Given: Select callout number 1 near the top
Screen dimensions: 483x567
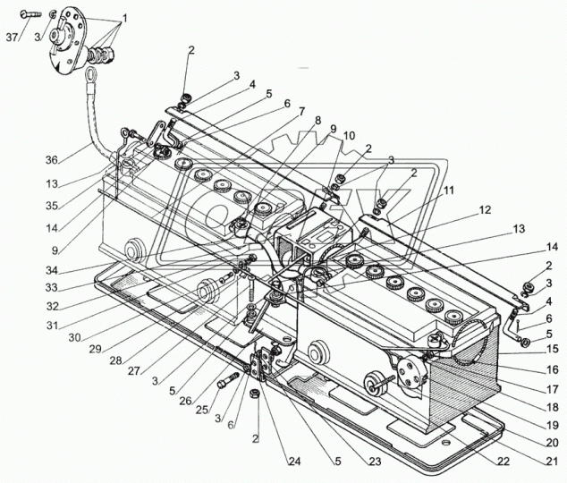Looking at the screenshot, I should click(x=124, y=17).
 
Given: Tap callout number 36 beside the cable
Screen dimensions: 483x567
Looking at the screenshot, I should click(x=51, y=159).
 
